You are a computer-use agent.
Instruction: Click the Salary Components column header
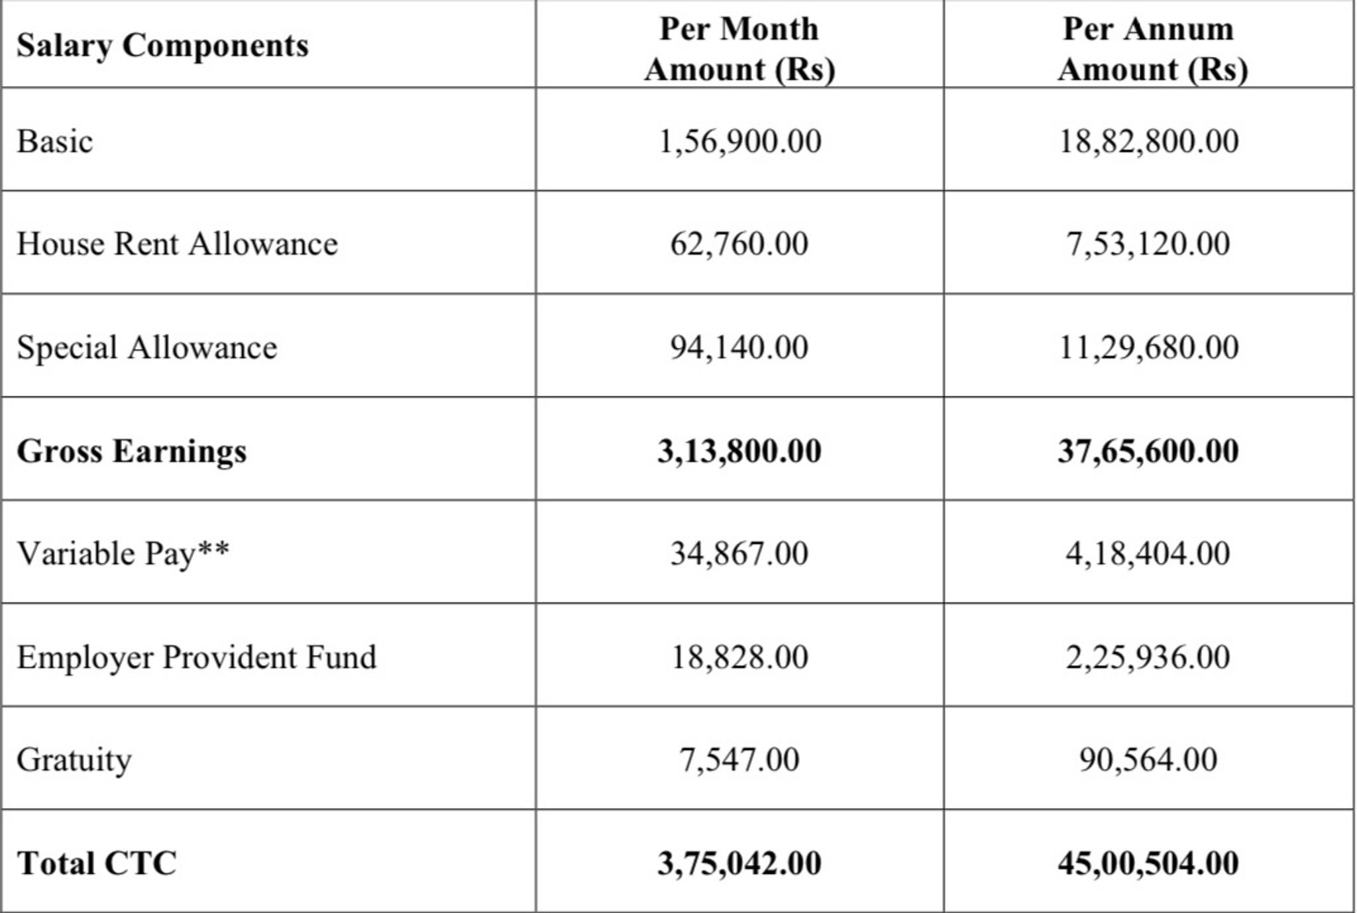[162, 46]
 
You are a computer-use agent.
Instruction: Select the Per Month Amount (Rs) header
[739, 48]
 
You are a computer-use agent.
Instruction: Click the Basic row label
[55, 141]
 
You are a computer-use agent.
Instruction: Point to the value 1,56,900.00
[739, 141]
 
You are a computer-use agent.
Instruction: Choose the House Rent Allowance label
[177, 244]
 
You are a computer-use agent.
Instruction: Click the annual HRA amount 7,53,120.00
[1148, 244]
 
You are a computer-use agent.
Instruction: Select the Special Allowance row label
[146, 347]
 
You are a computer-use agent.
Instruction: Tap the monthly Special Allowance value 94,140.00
[739, 347]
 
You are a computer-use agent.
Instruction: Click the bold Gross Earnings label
[131, 451]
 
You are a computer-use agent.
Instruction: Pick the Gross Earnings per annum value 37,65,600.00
[1148, 451]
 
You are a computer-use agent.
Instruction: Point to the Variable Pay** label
[123, 553]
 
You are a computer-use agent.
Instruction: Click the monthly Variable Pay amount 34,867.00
[739, 553]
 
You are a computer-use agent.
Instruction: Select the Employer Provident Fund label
[196, 657]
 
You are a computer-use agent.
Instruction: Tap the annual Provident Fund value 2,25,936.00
[1148, 657]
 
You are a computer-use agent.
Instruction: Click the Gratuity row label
[74, 759]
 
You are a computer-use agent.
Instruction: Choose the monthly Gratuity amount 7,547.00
[739, 759]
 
